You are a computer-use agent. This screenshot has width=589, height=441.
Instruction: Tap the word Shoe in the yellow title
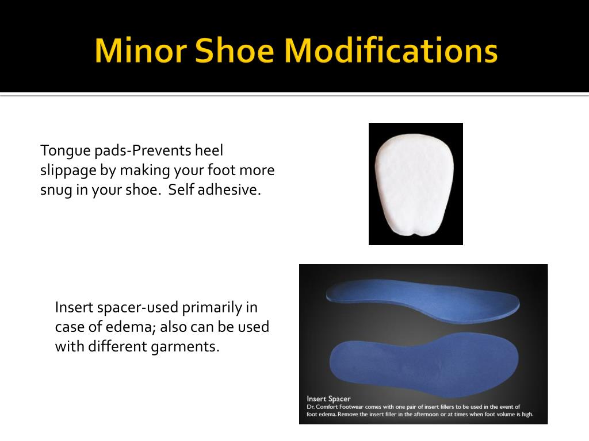[235, 51]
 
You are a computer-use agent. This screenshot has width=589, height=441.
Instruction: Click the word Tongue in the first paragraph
[62, 152]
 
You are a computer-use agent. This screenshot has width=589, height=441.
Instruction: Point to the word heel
[209, 150]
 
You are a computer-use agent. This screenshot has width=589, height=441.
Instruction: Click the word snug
[56, 191]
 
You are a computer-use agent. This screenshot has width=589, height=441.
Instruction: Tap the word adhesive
[229, 190]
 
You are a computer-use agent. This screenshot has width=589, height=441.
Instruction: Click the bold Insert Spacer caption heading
[328, 399]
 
